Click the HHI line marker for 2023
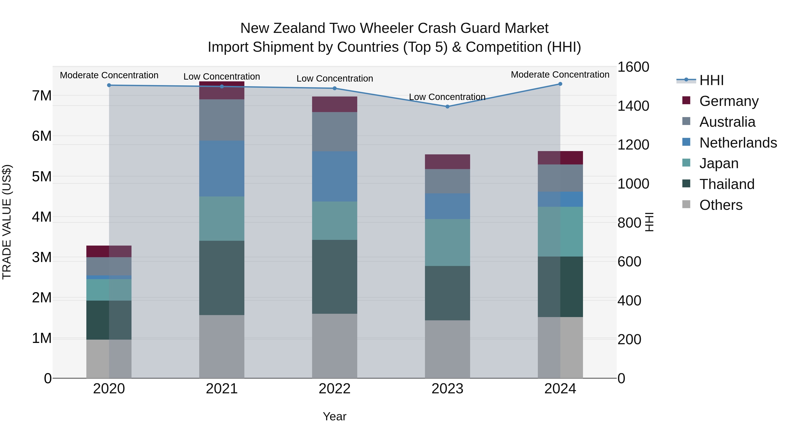coord(447,107)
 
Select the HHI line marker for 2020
coord(109,85)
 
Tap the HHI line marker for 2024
coord(560,84)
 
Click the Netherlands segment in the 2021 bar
coord(222,169)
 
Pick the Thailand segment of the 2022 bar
coord(334,277)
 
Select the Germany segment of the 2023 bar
coord(447,162)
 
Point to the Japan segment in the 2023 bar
coord(447,242)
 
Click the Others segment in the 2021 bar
coord(222,347)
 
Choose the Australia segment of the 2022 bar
coord(334,132)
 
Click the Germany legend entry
coord(729,101)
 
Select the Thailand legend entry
coord(727,184)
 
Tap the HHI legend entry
coord(711,80)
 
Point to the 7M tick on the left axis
coord(42,96)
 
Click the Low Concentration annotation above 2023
coord(447,97)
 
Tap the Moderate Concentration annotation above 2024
coord(560,75)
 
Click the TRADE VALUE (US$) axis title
coord(7,222)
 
